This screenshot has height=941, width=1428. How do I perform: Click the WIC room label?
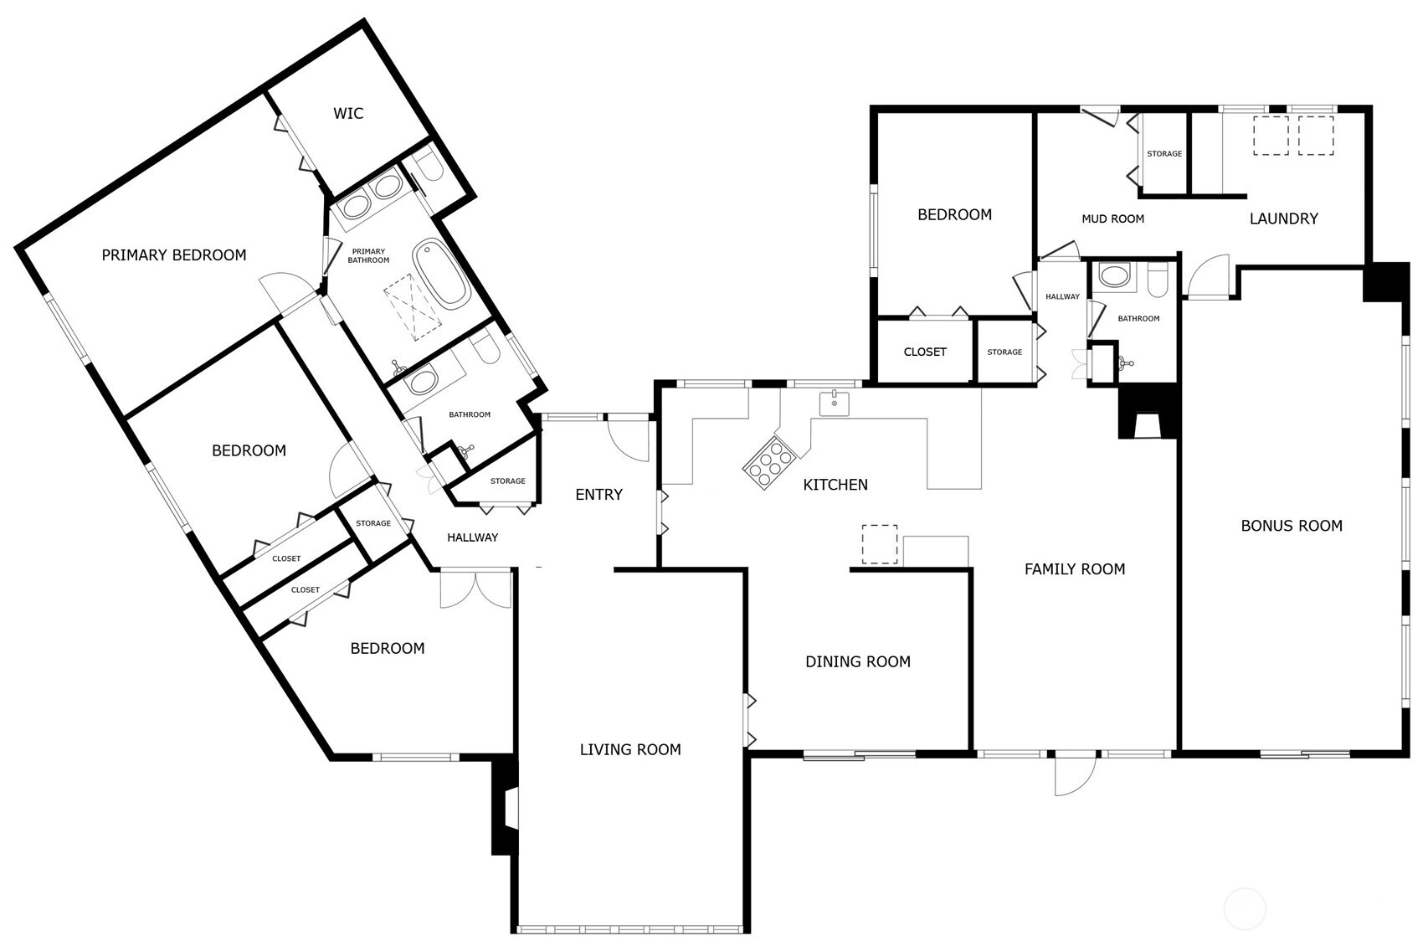(x=348, y=114)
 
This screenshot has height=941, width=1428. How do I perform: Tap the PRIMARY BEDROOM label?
(x=174, y=255)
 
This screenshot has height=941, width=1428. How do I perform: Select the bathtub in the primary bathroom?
(x=441, y=274)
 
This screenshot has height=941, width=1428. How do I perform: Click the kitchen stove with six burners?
(x=769, y=465)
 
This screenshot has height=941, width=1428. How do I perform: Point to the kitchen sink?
(x=834, y=404)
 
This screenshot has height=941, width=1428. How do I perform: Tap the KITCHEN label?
(x=835, y=486)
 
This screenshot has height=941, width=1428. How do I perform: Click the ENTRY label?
(x=598, y=495)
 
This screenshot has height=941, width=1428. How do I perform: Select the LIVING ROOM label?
(x=630, y=750)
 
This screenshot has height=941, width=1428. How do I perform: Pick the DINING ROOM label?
(x=858, y=661)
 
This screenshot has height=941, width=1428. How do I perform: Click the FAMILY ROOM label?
(x=1075, y=569)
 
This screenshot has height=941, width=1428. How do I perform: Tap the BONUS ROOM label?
(x=1292, y=526)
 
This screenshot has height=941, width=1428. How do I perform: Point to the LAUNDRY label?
(x=1284, y=219)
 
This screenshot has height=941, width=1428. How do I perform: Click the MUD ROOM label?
(x=1113, y=219)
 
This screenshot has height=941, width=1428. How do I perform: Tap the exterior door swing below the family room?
(x=1076, y=774)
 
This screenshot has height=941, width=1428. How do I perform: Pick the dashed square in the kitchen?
(x=880, y=544)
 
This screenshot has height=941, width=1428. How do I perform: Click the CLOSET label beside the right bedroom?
(x=925, y=352)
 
